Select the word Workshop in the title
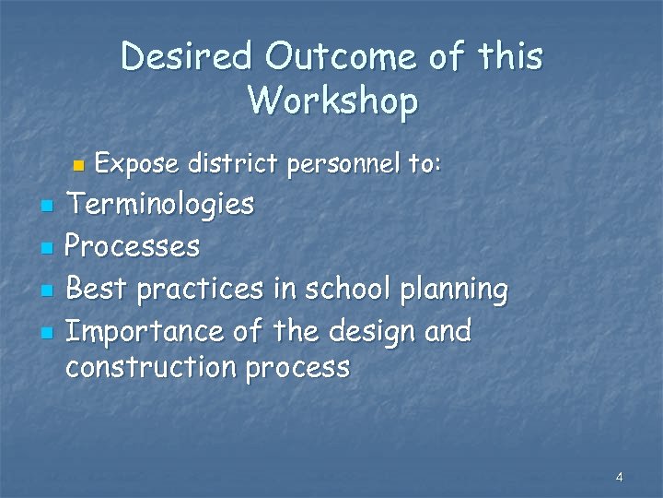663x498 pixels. point(332,100)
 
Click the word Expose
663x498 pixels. point(137,164)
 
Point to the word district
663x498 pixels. point(233,164)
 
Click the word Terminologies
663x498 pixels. point(160,204)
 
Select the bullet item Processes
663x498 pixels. point(133,246)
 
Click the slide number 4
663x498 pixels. point(619,477)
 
